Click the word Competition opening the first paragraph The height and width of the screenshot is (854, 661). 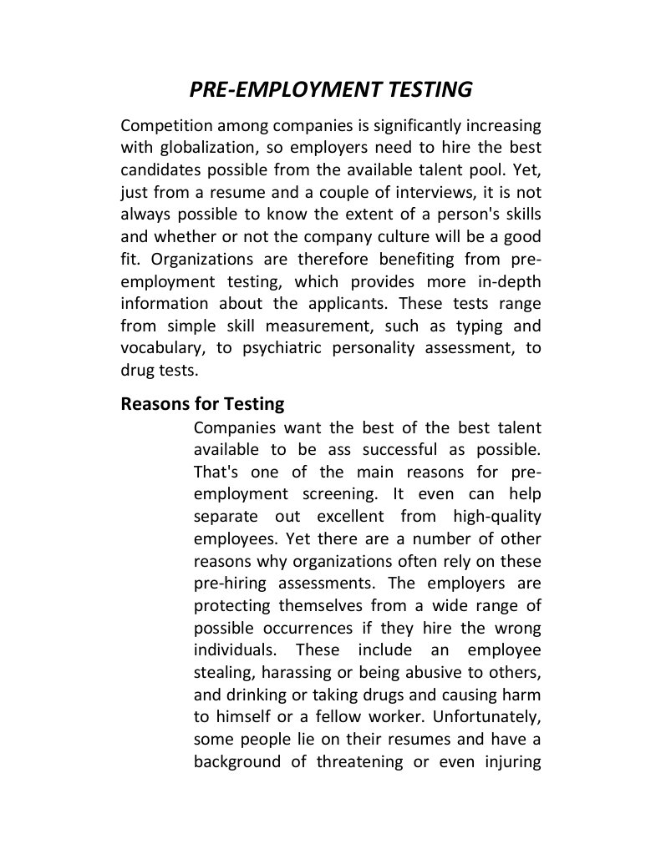coord(165,126)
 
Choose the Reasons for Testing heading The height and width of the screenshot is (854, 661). coord(202,404)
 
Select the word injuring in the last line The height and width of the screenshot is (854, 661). coord(511,761)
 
